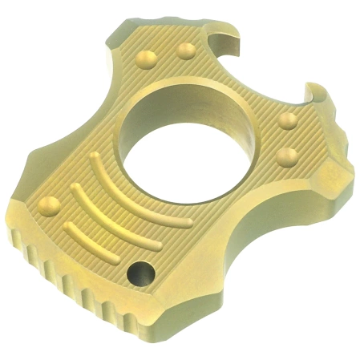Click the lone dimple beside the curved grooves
pyautogui.click(x=48, y=205)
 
